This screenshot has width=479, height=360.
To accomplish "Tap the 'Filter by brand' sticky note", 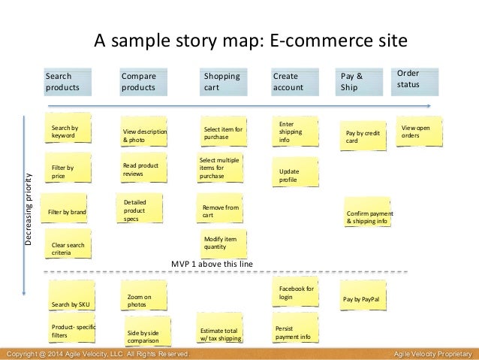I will (67, 213).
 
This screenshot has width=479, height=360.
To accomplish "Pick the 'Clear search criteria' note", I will (68, 248).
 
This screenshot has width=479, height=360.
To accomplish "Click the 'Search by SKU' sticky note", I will (69, 302).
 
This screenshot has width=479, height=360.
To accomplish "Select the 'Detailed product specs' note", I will (140, 210).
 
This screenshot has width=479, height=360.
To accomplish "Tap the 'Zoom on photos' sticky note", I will (144, 300).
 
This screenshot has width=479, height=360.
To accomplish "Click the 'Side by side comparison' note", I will (146, 334).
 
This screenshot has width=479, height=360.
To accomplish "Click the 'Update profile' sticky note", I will (295, 175).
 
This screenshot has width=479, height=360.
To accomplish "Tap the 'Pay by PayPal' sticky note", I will (363, 298).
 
